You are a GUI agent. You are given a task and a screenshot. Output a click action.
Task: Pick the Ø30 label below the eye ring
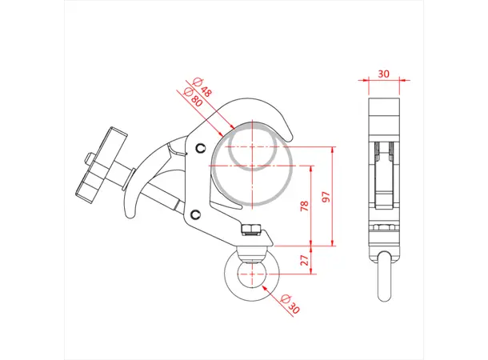(x=291, y=305)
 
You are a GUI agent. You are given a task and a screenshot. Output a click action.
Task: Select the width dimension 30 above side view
(x=383, y=73)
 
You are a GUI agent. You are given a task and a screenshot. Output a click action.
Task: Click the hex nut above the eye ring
(x=249, y=230)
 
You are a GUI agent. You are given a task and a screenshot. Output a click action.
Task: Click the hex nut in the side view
(x=383, y=228)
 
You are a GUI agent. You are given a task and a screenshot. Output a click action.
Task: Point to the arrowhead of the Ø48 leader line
(x=232, y=130)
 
